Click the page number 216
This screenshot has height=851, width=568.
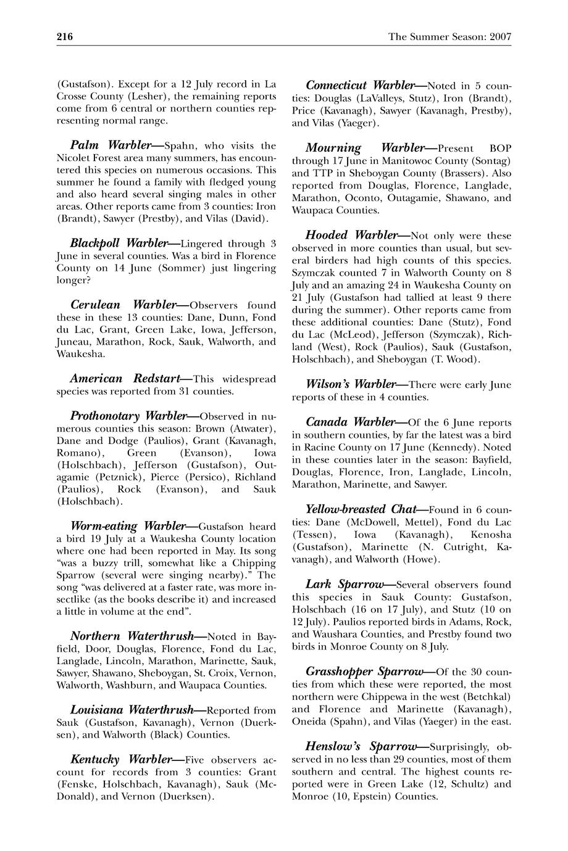[65, 37]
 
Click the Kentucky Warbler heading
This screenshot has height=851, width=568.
[120, 758]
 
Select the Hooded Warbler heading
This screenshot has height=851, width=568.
[351, 236]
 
